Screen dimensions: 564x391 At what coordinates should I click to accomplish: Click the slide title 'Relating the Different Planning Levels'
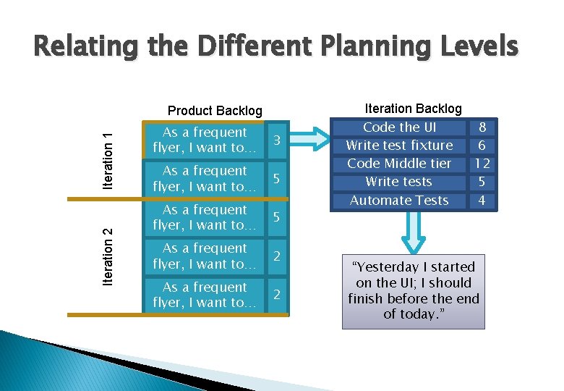click(275, 47)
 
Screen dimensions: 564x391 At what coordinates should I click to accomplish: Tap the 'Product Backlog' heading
click(215, 111)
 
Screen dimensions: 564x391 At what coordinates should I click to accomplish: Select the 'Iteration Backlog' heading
click(413, 108)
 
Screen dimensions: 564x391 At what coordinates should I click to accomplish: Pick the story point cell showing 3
click(275, 139)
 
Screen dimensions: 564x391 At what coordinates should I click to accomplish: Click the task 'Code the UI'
click(399, 127)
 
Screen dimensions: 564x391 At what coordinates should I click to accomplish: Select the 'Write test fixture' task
click(399, 146)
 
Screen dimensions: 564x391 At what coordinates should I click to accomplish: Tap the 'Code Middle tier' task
click(399, 164)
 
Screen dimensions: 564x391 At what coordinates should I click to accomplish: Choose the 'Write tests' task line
click(399, 182)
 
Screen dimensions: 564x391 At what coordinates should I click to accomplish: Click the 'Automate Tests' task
click(399, 201)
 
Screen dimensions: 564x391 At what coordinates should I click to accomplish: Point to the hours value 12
click(482, 164)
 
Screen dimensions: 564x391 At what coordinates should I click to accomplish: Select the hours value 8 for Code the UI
click(482, 127)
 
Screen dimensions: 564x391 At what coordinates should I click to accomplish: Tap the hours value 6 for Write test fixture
click(482, 146)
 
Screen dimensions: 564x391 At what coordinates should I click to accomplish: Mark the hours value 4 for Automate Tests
click(482, 201)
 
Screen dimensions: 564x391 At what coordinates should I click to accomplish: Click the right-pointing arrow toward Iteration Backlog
click(312, 139)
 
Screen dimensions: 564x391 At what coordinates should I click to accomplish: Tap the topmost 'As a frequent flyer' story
click(205, 140)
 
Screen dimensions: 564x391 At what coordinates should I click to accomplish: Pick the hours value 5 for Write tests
click(482, 182)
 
